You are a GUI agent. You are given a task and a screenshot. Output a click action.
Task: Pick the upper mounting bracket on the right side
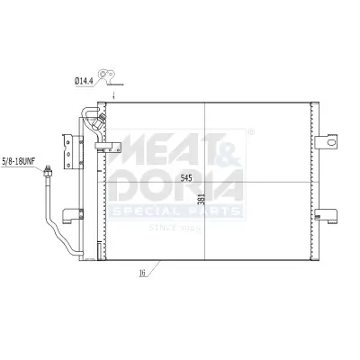pyautogui.click(x=328, y=141)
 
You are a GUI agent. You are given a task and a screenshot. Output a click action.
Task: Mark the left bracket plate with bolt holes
pyautogui.click(x=66, y=147)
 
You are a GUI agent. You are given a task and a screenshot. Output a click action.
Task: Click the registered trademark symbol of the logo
pyautogui.click(x=250, y=131)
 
